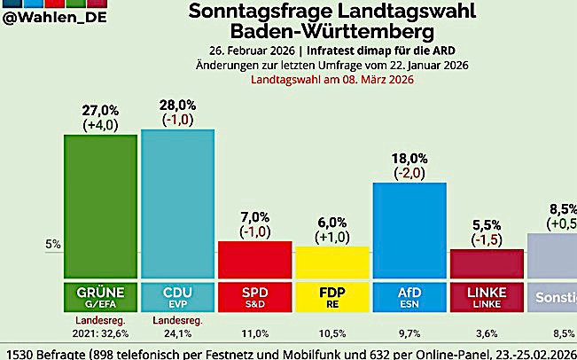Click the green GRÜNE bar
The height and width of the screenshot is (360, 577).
pyautogui.click(x=100, y=206)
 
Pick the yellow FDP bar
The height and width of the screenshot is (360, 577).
pyautogui.click(x=331, y=262)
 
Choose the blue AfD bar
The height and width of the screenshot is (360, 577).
pyautogui.click(x=409, y=231)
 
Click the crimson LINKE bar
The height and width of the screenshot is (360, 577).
pyautogui.click(x=486, y=264)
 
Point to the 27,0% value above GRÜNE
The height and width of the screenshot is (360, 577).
pyautogui.click(x=100, y=111)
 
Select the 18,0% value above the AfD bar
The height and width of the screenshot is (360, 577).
pyautogui.click(x=409, y=159)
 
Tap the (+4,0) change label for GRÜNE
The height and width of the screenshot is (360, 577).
pyautogui.click(x=100, y=125)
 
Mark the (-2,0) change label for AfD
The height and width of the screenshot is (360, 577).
pyautogui.click(x=409, y=173)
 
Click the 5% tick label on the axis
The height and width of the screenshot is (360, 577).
pyautogui.click(x=52, y=244)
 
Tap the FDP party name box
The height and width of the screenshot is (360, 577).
pyautogui.click(x=331, y=294)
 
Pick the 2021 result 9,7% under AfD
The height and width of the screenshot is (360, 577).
pyautogui.click(x=409, y=333)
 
